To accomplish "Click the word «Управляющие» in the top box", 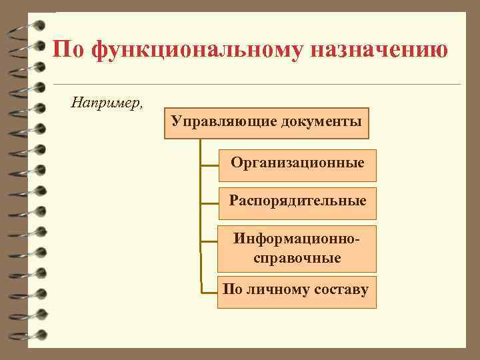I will [x=224, y=121].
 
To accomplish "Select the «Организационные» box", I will [x=297, y=164].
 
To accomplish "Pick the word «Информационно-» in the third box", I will [x=297, y=238].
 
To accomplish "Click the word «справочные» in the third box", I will [x=297, y=257].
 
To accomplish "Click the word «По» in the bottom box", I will [x=233, y=290].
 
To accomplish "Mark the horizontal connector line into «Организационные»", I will [x=209, y=165].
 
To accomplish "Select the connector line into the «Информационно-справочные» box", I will [x=209, y=247].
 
